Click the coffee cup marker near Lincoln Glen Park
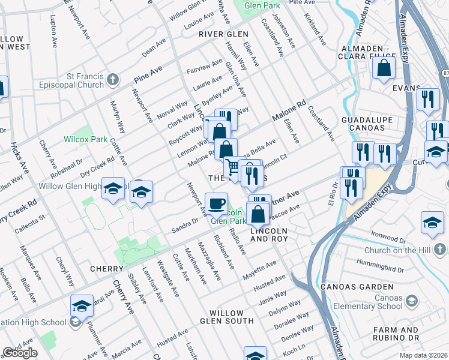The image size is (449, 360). (x=216, y=203)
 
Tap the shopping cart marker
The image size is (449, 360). (x=232, y=167)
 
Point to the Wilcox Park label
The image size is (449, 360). (x=85, y=139)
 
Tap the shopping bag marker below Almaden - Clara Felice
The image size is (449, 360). (x=384, y=68)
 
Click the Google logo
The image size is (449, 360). (x=20, y=353)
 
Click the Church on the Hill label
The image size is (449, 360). (x=400, y=248)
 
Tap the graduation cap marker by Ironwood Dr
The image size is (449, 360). (x=432, y=222)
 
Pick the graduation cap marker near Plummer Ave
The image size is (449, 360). (x=82, y=306)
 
